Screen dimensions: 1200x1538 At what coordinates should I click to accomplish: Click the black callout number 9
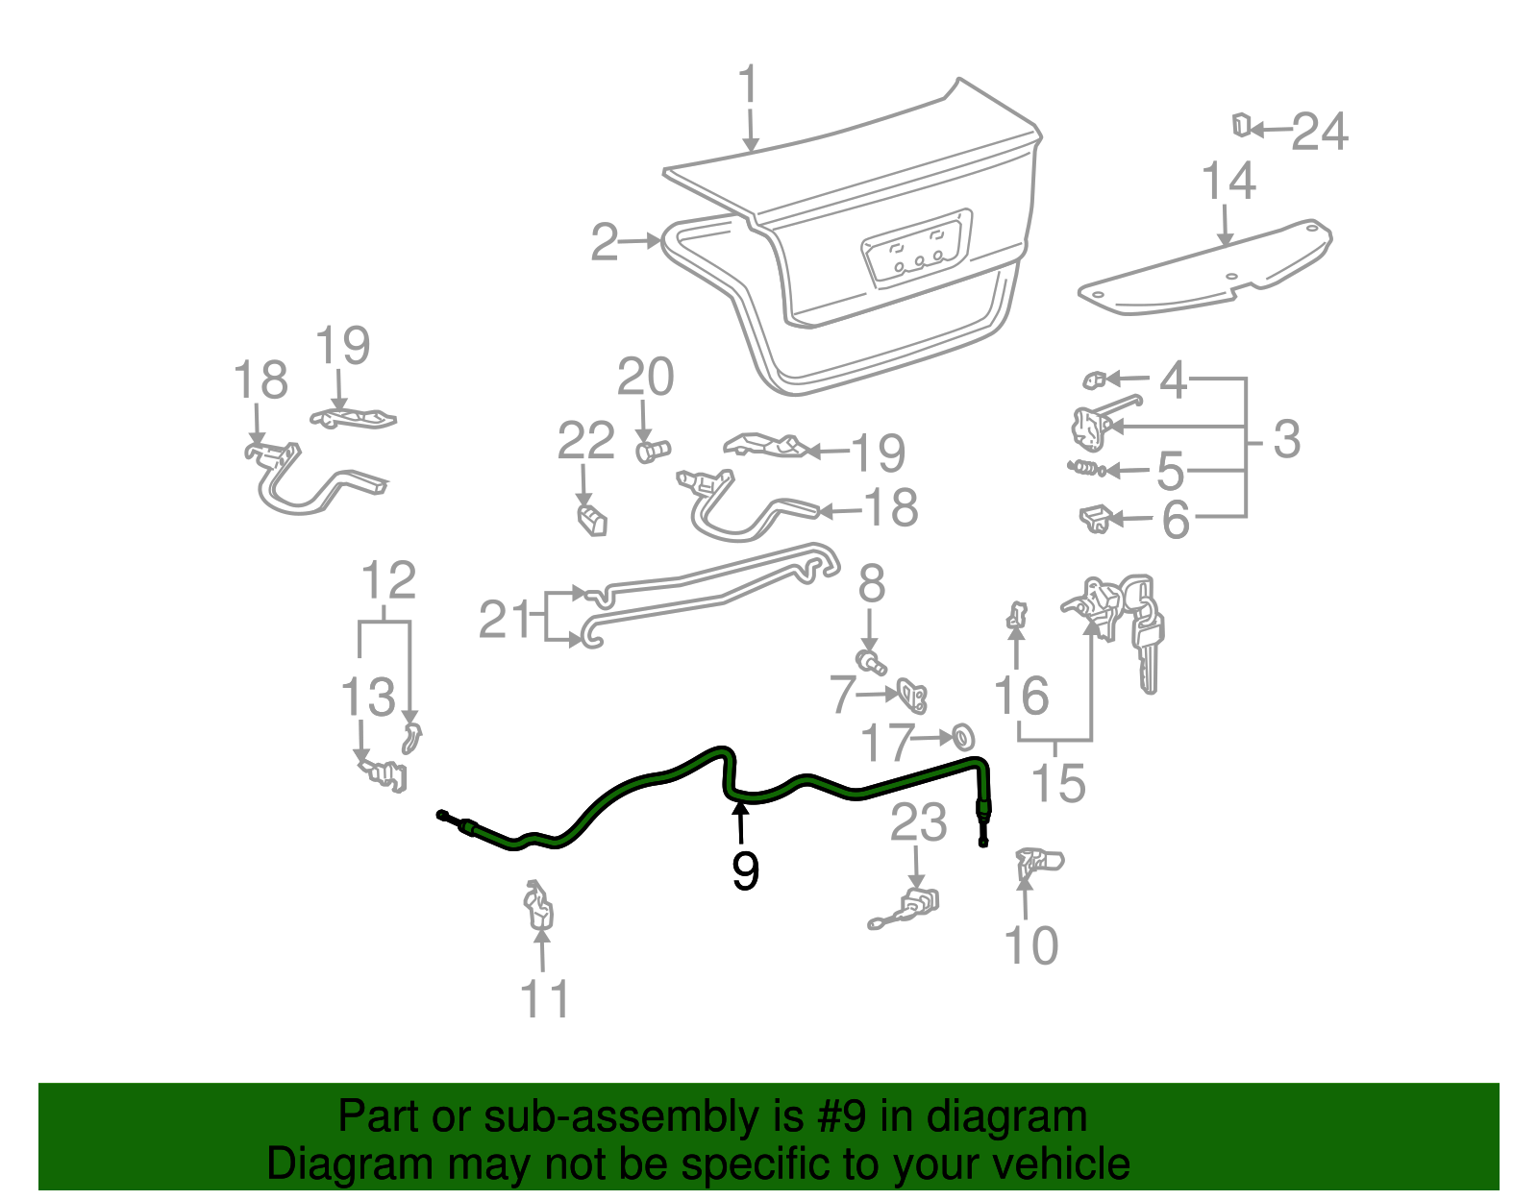click(x=745, y=870)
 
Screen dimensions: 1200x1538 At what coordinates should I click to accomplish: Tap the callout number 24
click(x=1320, y=132)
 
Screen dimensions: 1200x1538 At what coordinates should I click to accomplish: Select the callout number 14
click(x=1228, y=182)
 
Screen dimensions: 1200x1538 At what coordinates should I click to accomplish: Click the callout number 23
click(x=918, y=823)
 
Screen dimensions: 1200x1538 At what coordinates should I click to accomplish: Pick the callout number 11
click(x=545, y=999)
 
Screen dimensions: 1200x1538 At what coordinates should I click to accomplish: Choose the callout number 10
click(x=1030, y=946)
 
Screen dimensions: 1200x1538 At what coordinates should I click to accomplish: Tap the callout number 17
click(x=885, y=743)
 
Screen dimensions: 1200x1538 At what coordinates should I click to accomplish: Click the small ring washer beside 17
click(x=962, y=738)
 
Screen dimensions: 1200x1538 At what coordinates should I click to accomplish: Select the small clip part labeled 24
click(x=1241, y=125)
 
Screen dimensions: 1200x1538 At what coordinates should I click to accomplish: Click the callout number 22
click(x=585, y=441)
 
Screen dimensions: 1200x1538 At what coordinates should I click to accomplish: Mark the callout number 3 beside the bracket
click(x=1286, y=439)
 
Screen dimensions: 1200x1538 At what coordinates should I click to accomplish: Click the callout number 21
click(x=504, y=620)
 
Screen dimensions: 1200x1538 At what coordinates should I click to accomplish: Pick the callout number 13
click(x=367, y=697)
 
